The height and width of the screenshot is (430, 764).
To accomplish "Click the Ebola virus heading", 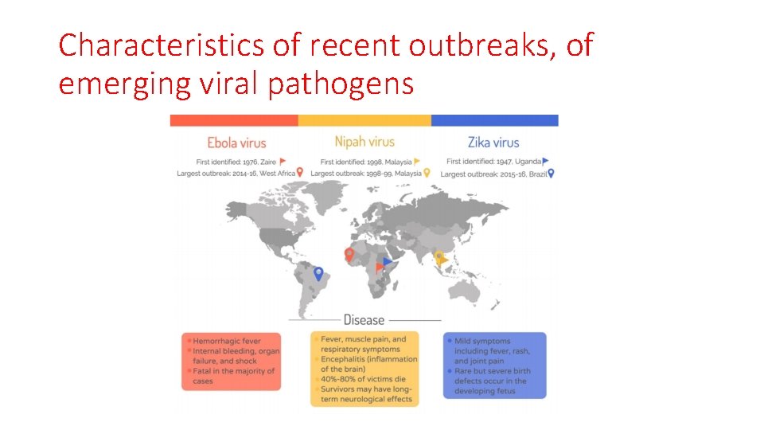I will click(x=236, y=143).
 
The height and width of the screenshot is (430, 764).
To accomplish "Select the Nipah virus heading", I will click(x=364, y=142).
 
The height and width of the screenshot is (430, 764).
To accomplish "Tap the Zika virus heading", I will click(x=493, y=143).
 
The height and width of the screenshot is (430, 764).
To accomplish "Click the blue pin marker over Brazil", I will click(x=318, y=273).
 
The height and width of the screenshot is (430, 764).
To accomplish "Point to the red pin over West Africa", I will click(x=349, y=254).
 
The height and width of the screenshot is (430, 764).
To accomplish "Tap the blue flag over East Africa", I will click(x=388, y=261).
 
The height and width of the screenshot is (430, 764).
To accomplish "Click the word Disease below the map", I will click(x=364, y=320).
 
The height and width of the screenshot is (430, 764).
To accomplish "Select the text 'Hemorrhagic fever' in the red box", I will click(x=228, y=341).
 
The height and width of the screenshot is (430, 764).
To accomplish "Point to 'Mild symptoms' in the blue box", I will click(x=482, y=341).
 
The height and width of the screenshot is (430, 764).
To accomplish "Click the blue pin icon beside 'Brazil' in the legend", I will click(x=551, y=173).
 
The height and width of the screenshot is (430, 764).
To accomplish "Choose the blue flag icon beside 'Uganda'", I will click(x=545, y=161).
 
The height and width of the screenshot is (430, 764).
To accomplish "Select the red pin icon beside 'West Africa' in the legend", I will click(x=300, y=173).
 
